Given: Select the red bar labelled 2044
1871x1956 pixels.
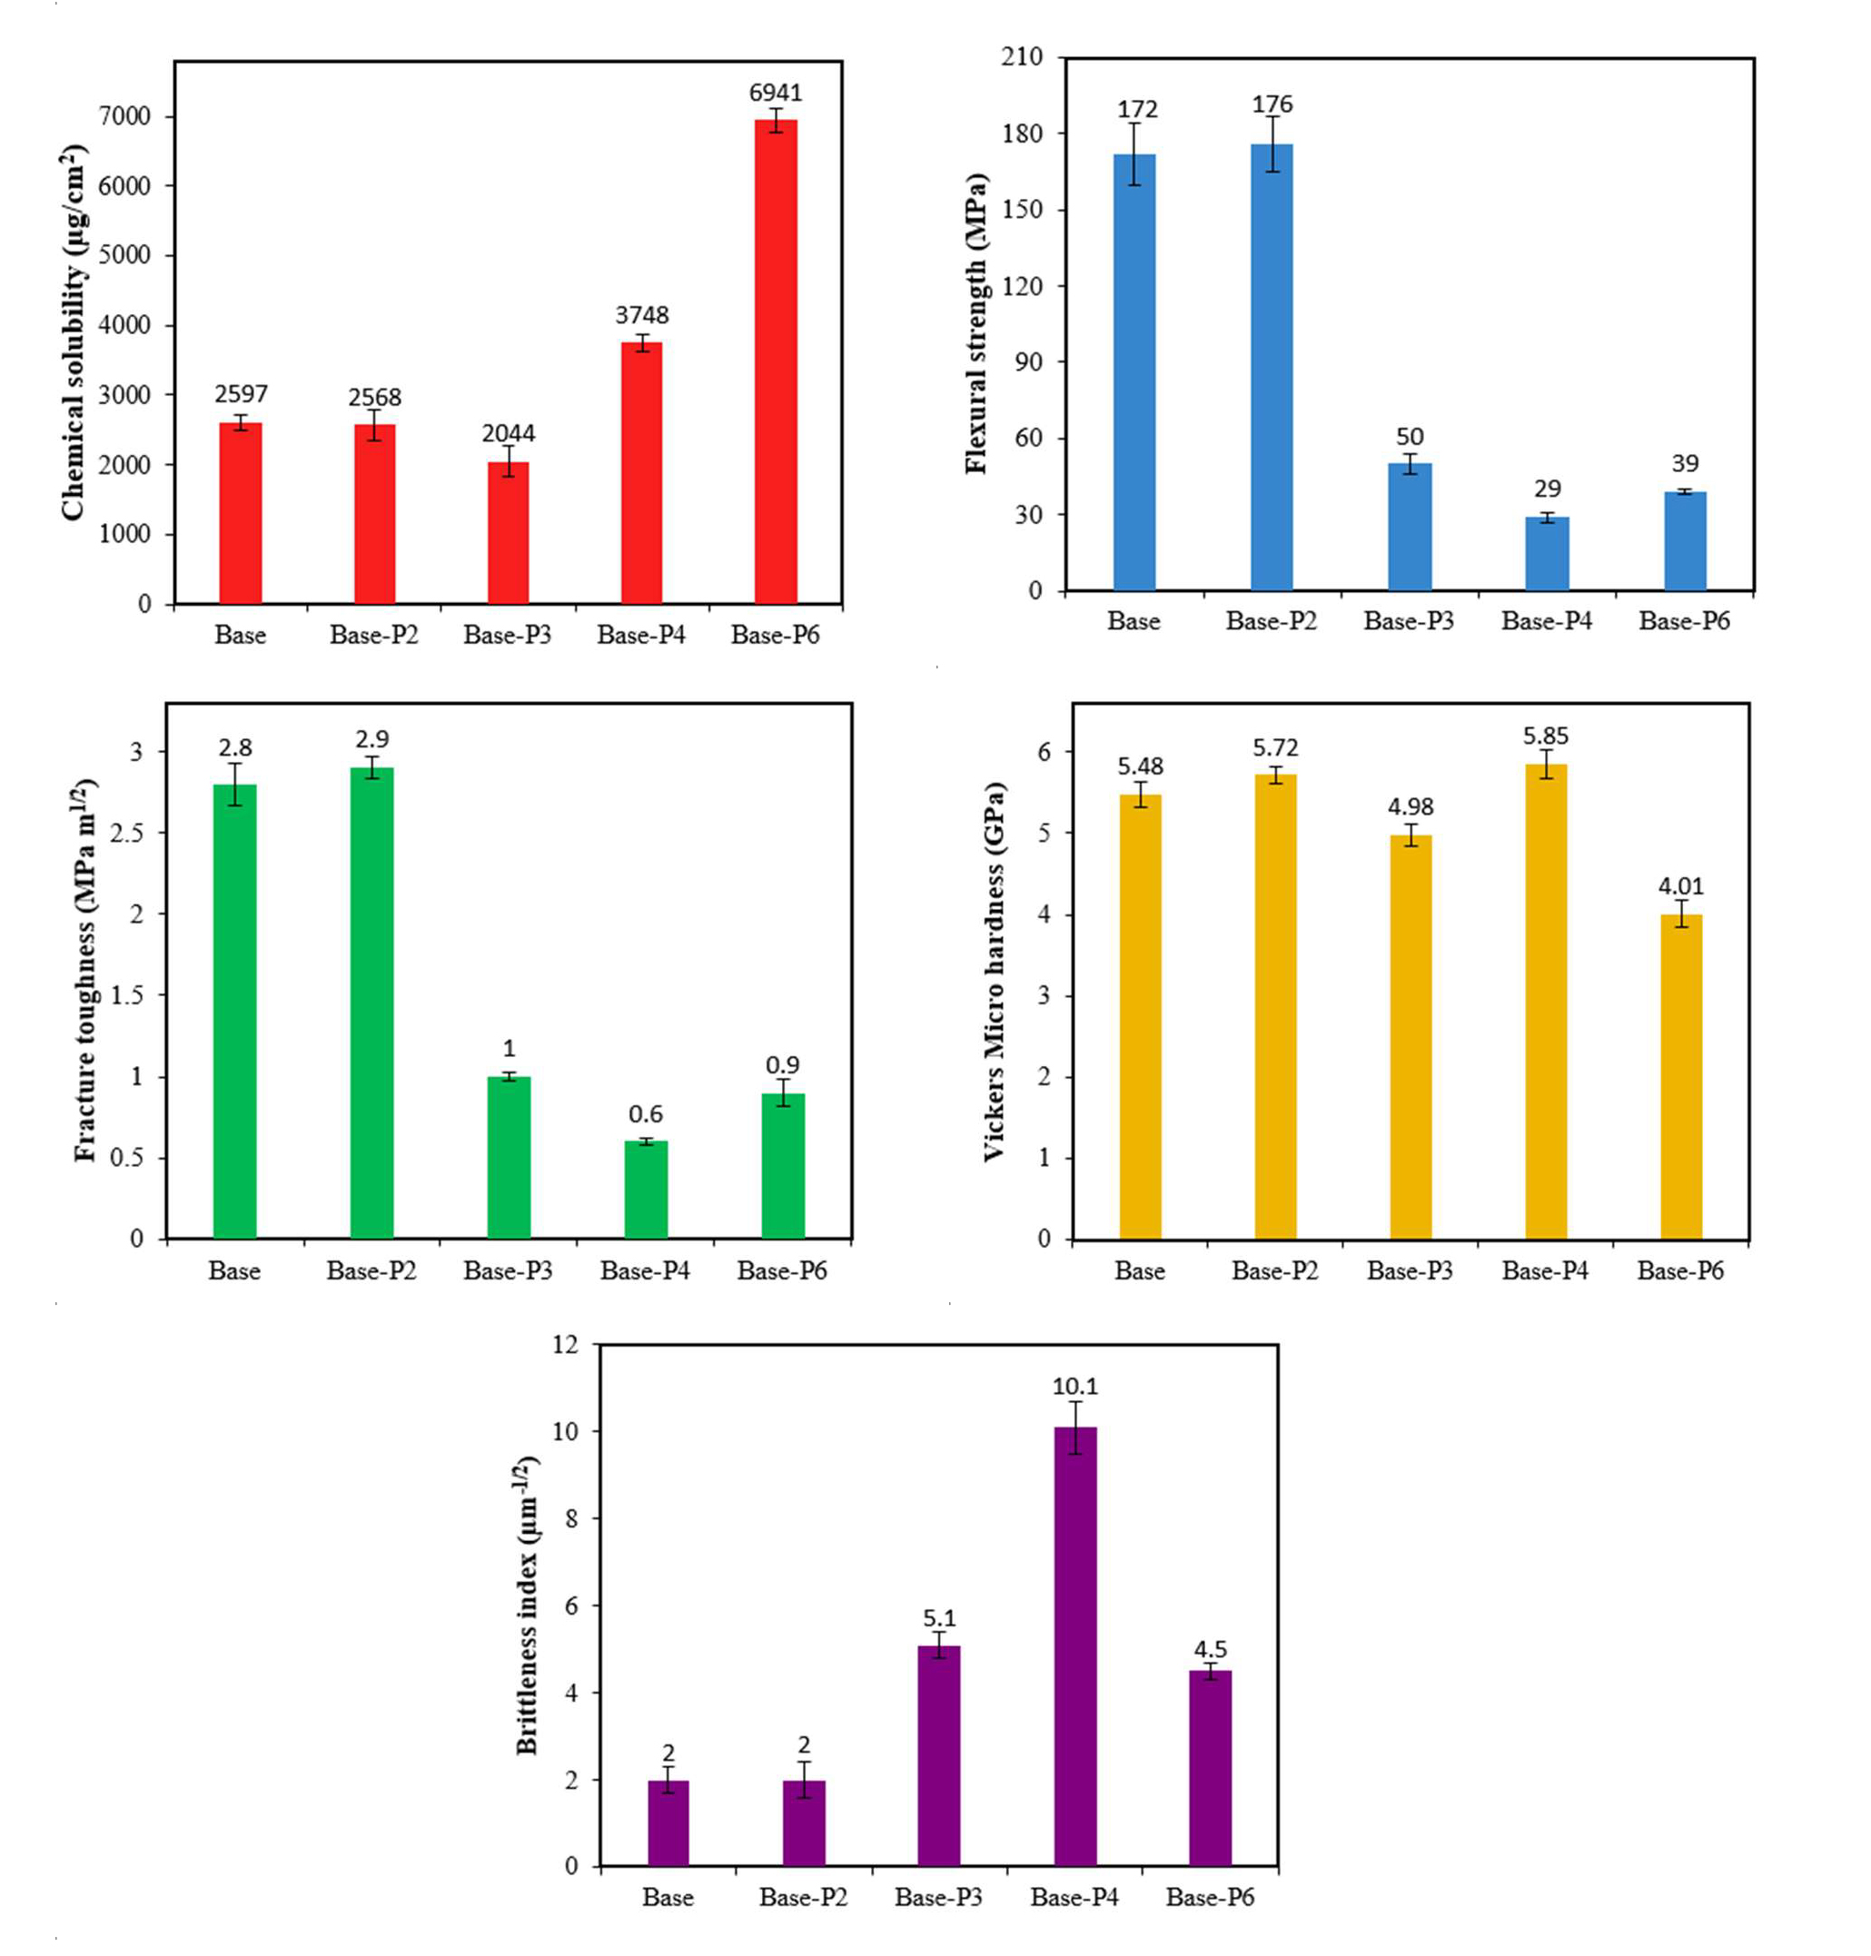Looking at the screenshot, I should point(508,532).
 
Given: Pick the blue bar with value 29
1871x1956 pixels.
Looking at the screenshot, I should point(1547,553).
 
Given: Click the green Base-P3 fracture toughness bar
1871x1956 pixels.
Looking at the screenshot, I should point(509,1158).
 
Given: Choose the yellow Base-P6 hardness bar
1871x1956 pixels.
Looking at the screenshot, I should point(1681,1077).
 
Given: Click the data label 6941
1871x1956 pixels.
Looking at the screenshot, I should point(775,93).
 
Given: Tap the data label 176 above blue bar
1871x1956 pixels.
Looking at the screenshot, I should point(1272,104).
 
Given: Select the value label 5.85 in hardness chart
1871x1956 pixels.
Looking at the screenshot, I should point(1545,736).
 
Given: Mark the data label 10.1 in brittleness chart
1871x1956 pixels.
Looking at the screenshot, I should point(1075,1387).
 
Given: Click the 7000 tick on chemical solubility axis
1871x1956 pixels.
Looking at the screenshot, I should point(124,116).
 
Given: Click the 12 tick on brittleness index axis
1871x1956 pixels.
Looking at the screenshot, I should point(565,1345).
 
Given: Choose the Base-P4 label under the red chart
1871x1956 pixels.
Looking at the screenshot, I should point(641,635).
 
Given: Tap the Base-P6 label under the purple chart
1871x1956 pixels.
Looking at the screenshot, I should point(1210,1897).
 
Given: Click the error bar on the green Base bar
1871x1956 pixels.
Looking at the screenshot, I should point(235,785).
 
